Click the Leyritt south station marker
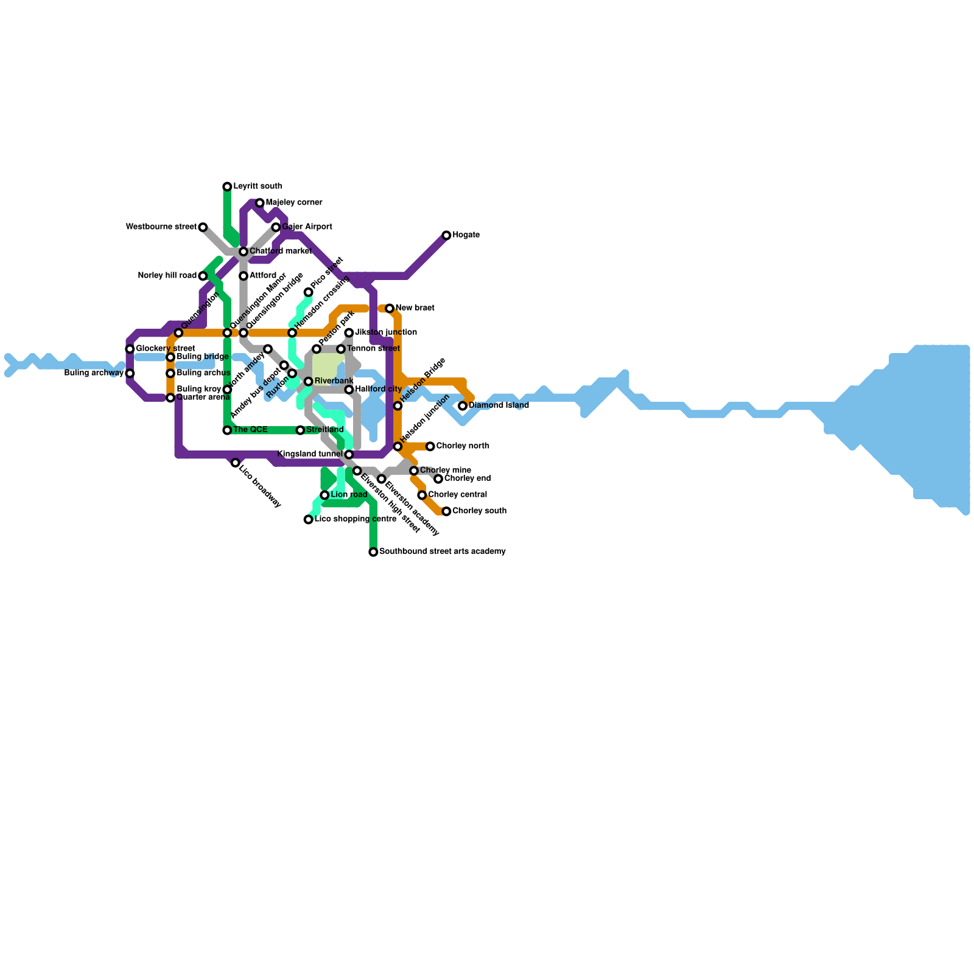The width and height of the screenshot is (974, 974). coord(227,186)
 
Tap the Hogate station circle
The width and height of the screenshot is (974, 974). coord(446,235)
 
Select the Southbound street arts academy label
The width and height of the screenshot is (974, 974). coord(442,552)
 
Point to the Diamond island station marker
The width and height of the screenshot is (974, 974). coord(463,405)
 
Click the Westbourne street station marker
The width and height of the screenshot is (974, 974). coord(203,227)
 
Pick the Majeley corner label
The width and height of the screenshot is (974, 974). coord(294,203)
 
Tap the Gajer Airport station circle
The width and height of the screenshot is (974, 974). coord(276,227)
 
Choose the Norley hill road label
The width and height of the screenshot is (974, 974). coord(167,276)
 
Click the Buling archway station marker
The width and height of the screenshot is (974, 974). coord(130,373)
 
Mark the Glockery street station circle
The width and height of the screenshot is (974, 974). coord(130,349)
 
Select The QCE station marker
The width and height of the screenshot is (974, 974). coord(227,430)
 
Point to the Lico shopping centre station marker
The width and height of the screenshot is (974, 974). coord(309,519)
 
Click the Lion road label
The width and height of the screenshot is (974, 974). coord(349,495)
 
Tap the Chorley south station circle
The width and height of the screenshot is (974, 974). coord(446,511)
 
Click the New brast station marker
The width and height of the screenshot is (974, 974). coord(390,309)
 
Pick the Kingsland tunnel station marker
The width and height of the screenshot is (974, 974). coord(349,455)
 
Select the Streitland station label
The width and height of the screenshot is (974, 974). coord(325,430)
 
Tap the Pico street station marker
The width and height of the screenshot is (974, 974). coord(309,292)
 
